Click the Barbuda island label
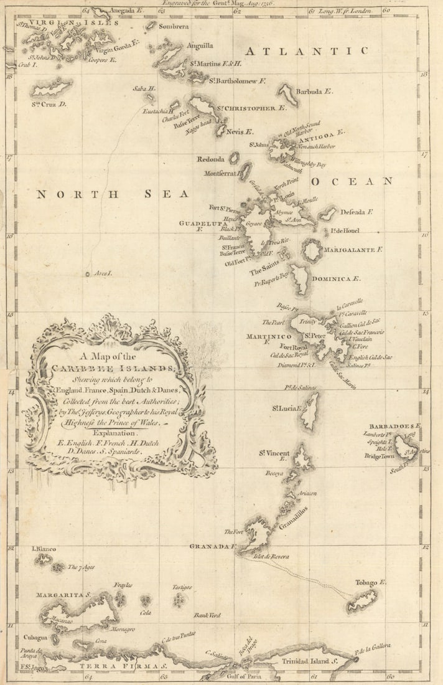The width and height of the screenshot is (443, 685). click(x=314, y=92)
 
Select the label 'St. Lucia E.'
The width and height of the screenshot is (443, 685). click(x=286, y=409)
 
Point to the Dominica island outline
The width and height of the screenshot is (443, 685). click(x=300, y=279)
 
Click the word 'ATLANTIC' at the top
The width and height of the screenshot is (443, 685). click(x=306, y=51)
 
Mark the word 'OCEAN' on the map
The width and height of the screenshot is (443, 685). click(x=352, y=181)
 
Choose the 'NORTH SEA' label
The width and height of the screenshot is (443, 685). click(x=112, y=194)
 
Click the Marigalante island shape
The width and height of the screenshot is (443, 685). click(x=312, y=250)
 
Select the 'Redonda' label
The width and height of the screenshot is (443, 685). click(x=210, y=159)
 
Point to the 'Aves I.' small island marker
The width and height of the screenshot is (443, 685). click(x=88, y=273)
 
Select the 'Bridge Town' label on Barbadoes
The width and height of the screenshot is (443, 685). click(x=380, y=456)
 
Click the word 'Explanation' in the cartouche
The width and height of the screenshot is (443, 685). click(x=116, y=432)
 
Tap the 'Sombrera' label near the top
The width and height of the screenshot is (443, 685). click(x=173, y=27)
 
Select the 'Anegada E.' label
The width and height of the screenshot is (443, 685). click(x=126, y=11)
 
